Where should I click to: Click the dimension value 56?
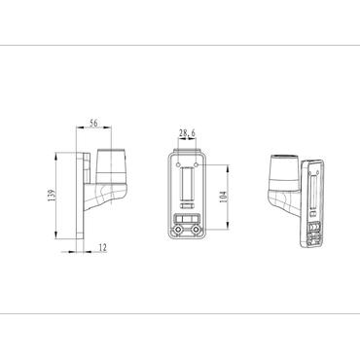(x=93, y=124)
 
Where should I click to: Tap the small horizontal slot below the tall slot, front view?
(x=187, y=216)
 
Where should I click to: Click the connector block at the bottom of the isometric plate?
(x=314, y=231)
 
